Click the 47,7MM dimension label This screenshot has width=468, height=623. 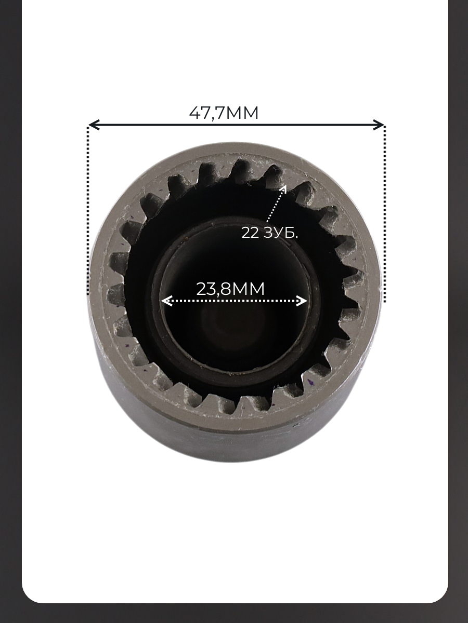pyautogui.click(x=224, y=113)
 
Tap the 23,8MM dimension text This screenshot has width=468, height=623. pyautogui.click(x=230, y=289)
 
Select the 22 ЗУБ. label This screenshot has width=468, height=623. pyautogui.click(x=269, y=233)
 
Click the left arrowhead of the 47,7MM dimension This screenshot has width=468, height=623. pyautogui.click(x=94, y=125)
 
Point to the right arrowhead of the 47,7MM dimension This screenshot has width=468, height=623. pyautogui.click(x=379, y=125)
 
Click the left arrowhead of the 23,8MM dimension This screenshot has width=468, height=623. pyautogui.click(x=166, y=301)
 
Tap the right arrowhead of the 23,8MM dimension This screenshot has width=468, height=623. pyautogui.click(x=302, y=301)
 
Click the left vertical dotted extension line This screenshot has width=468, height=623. pyautogui.click(x=88, y=210)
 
